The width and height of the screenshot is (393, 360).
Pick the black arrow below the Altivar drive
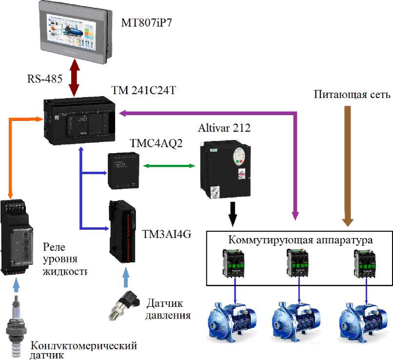(x=233, y=214)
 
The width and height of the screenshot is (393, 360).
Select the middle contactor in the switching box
(x=297, y=263)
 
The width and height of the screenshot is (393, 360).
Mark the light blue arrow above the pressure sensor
(x=126, y=278)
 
